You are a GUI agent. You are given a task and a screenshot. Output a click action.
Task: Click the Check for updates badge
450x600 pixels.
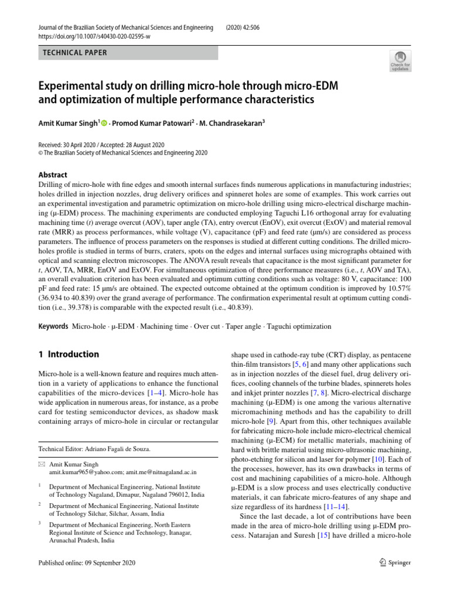pos(400,61)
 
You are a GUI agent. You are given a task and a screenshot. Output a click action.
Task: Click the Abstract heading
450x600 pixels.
pos(53,175)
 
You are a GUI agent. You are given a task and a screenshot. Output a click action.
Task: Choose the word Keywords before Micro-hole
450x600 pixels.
pos(53,326)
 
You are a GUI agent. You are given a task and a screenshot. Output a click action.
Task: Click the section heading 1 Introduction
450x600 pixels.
pos(69,354)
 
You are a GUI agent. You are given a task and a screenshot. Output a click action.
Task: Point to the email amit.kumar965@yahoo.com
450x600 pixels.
pos(86,471)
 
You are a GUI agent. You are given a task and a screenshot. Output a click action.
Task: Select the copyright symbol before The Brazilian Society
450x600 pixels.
pos(40,153)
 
